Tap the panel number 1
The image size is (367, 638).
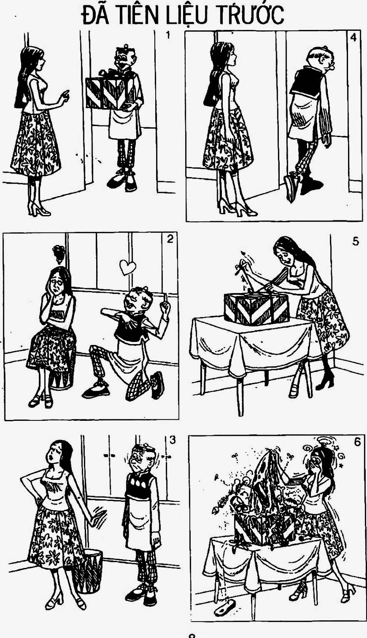[168, 35]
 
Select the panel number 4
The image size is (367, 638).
[353, 37]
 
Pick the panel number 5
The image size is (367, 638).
[355, 241]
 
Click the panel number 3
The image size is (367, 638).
[173, 440]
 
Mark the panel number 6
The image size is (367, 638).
[357, 442]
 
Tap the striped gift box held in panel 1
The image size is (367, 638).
[111, 93]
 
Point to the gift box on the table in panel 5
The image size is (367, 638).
[256, 308]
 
